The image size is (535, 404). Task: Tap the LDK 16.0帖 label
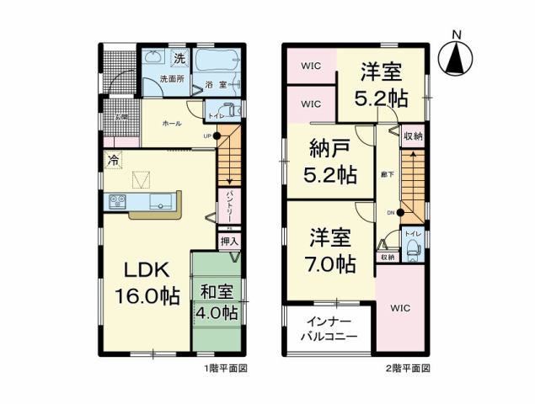pos(147,283)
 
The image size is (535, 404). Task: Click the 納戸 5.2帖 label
pos(329,162)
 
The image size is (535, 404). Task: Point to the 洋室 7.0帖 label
pos(329,249)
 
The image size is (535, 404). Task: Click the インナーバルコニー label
pos(330,329)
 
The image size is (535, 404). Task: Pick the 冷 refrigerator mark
pos(112,157)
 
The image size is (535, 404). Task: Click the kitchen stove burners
pos(116,201)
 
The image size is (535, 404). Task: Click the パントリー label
pos(228,205)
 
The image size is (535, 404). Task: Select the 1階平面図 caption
pos(225,368)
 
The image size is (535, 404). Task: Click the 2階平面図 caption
pos(409,368)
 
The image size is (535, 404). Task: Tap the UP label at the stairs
pos(206,136)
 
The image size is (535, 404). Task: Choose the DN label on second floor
pos(390,212)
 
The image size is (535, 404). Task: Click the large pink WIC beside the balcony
pos(400,308)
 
